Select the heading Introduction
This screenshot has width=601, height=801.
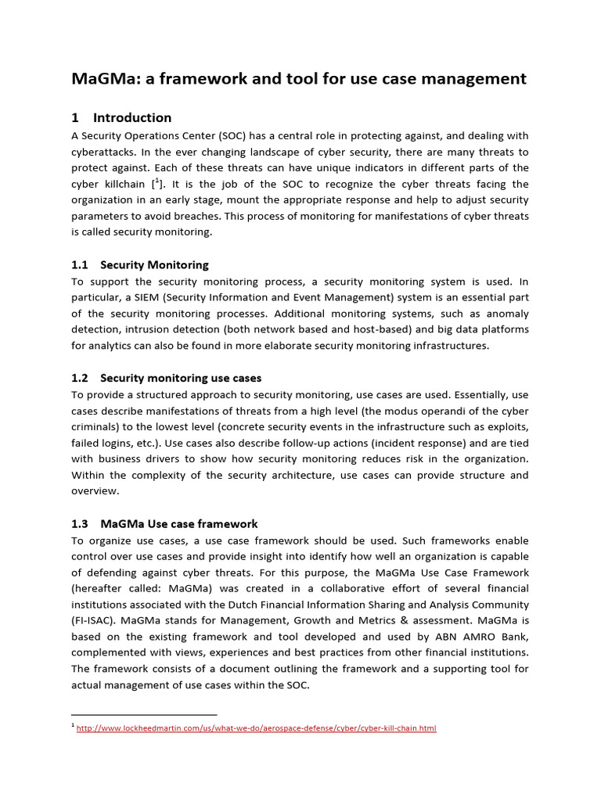pyautogui.click(x=131, y=118)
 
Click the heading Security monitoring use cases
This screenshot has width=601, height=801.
pyautogui.click(x=181, y=379)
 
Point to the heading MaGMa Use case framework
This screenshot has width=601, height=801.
pyautogui.click(x=178, y=524)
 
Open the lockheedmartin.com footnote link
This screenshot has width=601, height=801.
pyautogui.click(x=256, y=728)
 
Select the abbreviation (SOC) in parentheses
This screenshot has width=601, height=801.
pyautogui.click(x=232, y=135)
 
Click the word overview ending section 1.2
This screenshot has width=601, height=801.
pyautogui.click(x=95, y=491)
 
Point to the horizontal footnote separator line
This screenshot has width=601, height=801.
pyautogui.click(x=144, y=714)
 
